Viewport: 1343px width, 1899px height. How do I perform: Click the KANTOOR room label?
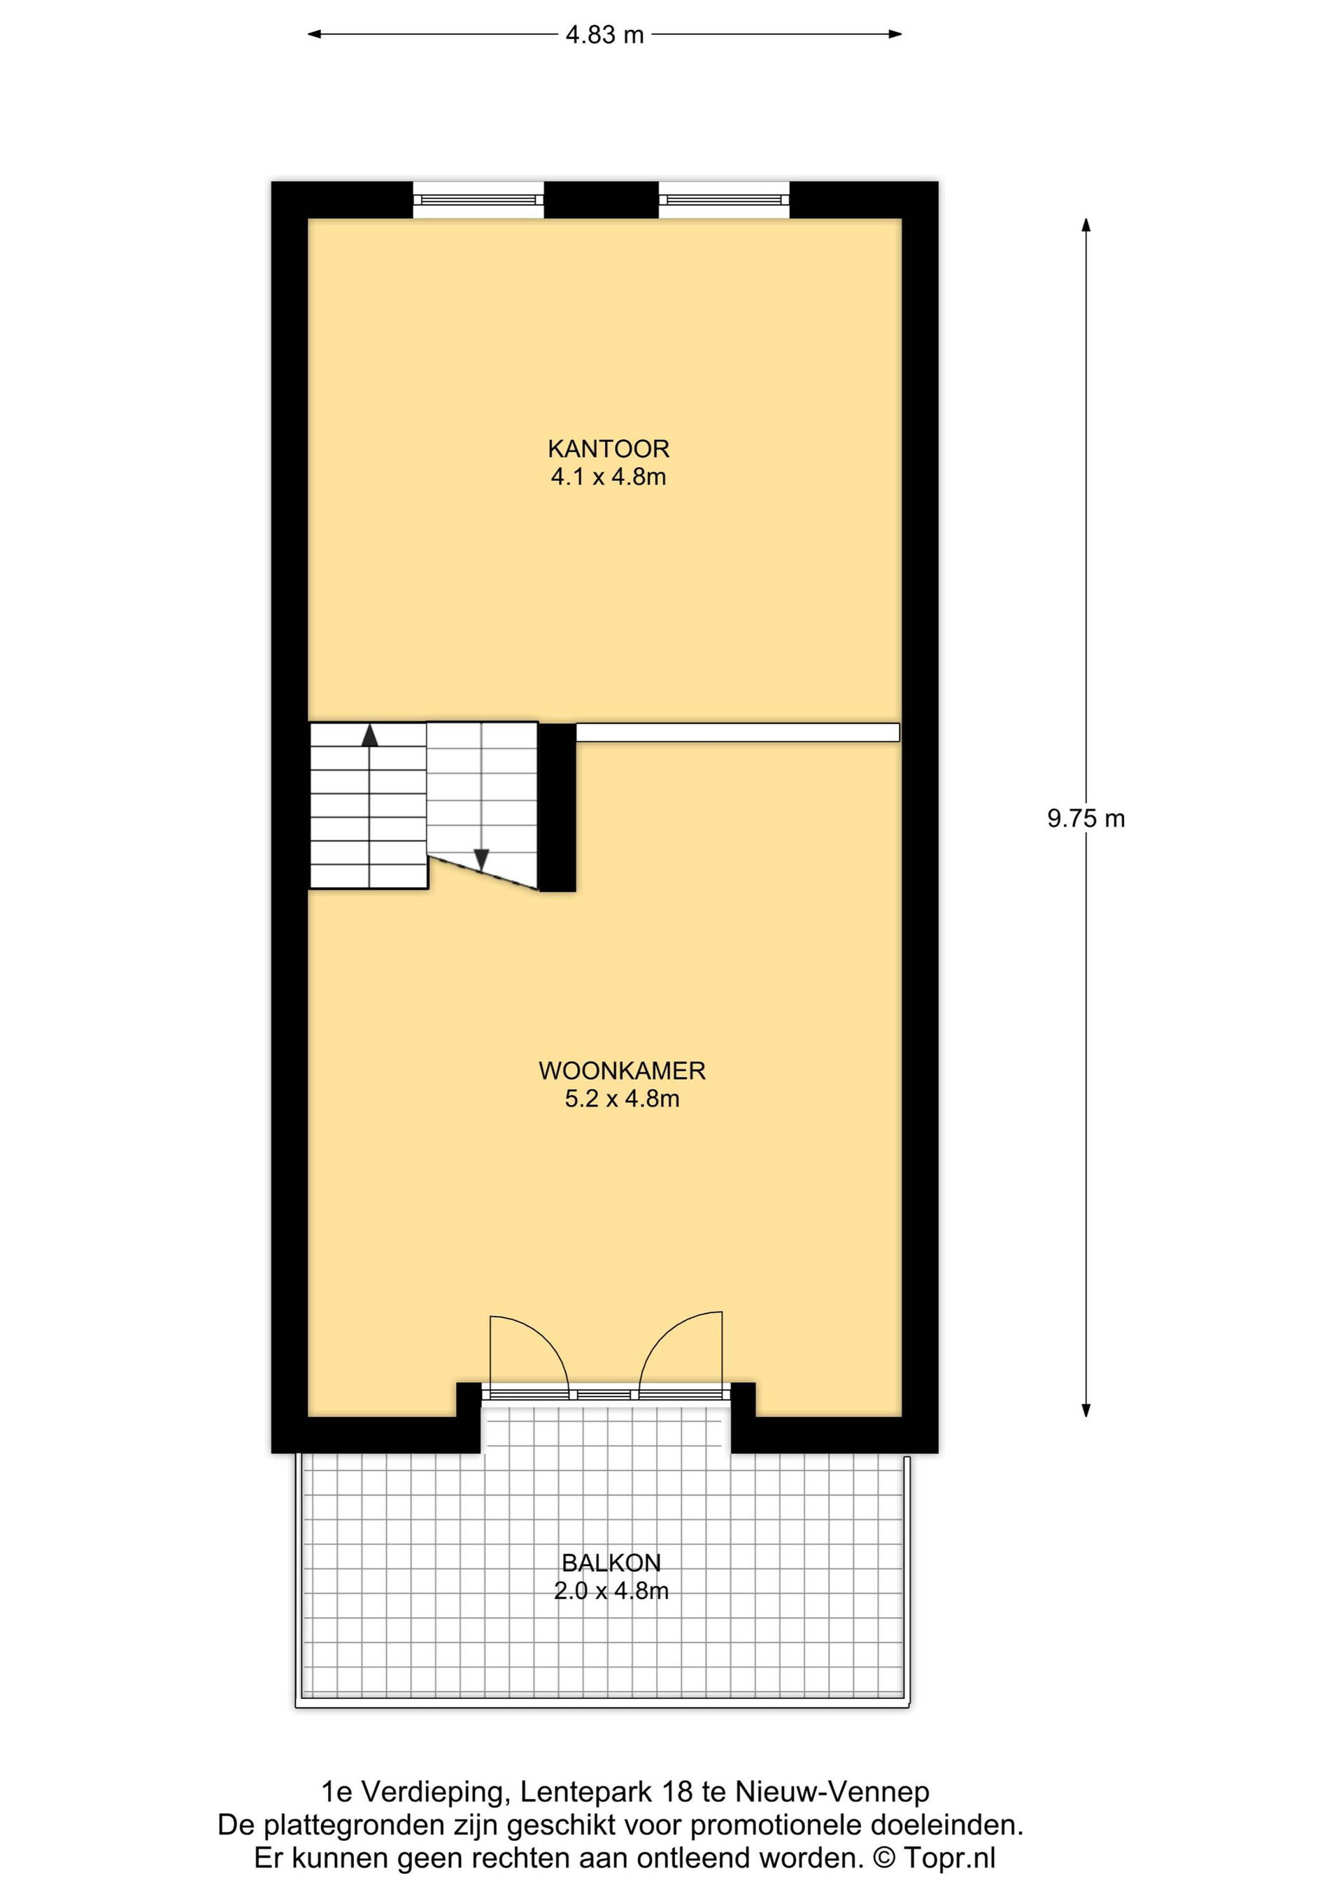click(x=608, y=449)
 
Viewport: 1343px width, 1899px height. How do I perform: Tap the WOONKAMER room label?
click(x=622, y=1071)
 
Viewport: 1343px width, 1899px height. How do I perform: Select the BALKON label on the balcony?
click(x=611, y=1563)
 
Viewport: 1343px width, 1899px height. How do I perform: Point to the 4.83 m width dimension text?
click(x=604, y=35)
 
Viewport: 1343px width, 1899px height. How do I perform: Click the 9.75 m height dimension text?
click(x=1086, y=819)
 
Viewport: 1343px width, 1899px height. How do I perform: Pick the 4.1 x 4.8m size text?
click(x=609, y=477)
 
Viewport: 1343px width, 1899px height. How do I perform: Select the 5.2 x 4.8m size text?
click(x=622, y=1100)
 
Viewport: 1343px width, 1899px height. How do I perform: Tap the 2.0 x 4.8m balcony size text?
click(x=611, y=1591)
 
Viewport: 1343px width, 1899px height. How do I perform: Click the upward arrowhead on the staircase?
click(x=369, y=735)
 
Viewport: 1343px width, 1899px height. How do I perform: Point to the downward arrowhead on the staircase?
click(x=481, y=860)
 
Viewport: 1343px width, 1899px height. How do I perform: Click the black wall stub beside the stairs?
click(x=557, y=807)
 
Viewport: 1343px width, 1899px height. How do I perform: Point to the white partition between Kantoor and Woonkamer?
click(x=738, y=733)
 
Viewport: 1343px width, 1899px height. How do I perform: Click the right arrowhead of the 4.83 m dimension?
click(x=894, y=35)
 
